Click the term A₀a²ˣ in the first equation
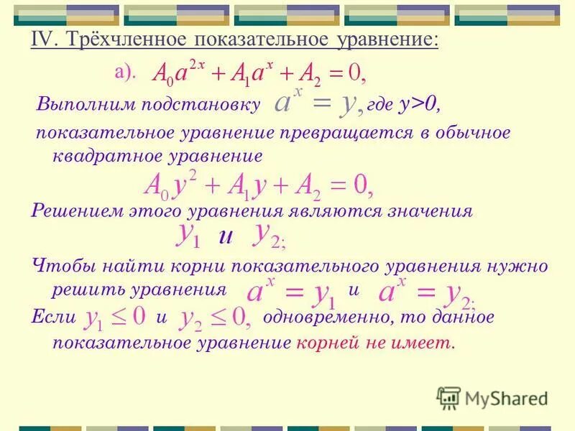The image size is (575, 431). pyautogui.click(x=180, y=72)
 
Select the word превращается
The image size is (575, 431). pyautogui.click(x=308, y=134)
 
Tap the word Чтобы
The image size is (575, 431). pyautogui.click(x=58, y=266)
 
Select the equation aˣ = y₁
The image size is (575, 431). pyautogui.click(x=291, y=292)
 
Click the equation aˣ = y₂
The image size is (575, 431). pyautogui.click(x=425, y=292)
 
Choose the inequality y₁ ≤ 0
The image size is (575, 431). pyautogui.click(x=116, y=317)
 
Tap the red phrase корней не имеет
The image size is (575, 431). pyautogui.click(x=374, y=343)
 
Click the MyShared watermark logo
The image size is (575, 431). pyautogui.click(x=492, y=397)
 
